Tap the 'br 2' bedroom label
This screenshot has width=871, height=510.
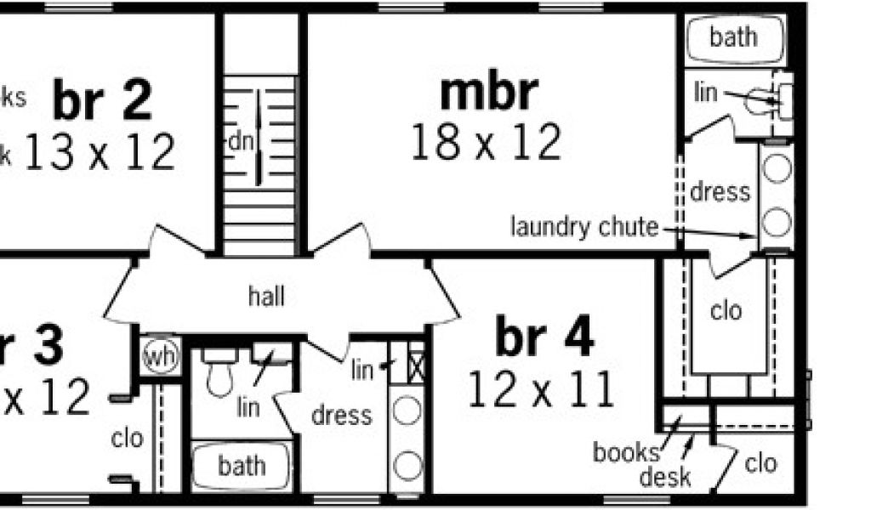102,99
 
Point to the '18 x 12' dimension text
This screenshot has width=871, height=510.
486,142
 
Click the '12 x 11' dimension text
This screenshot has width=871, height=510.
541,392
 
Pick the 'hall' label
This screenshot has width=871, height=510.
266,297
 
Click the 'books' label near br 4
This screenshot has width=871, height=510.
625,451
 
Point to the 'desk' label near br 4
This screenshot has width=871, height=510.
665,477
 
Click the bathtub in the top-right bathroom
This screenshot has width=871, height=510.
733,38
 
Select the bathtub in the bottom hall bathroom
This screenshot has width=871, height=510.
241,466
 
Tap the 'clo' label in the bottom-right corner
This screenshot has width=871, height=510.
760,463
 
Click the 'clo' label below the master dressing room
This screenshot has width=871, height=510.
726,311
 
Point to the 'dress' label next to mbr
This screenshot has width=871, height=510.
720,191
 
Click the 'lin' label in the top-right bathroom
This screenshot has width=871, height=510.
705,92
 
